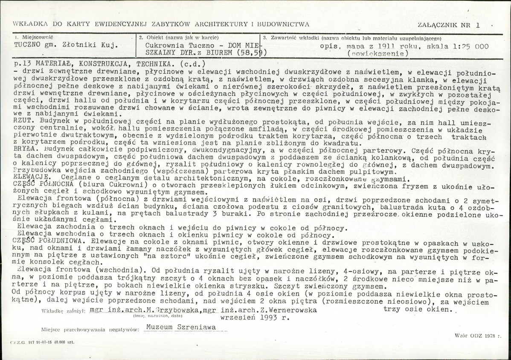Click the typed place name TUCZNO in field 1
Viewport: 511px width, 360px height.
(x=27, y=44)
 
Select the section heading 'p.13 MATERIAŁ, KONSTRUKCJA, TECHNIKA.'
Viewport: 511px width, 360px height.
(x=89, y=63)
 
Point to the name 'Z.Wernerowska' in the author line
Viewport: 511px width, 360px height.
(x=290, y=310)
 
